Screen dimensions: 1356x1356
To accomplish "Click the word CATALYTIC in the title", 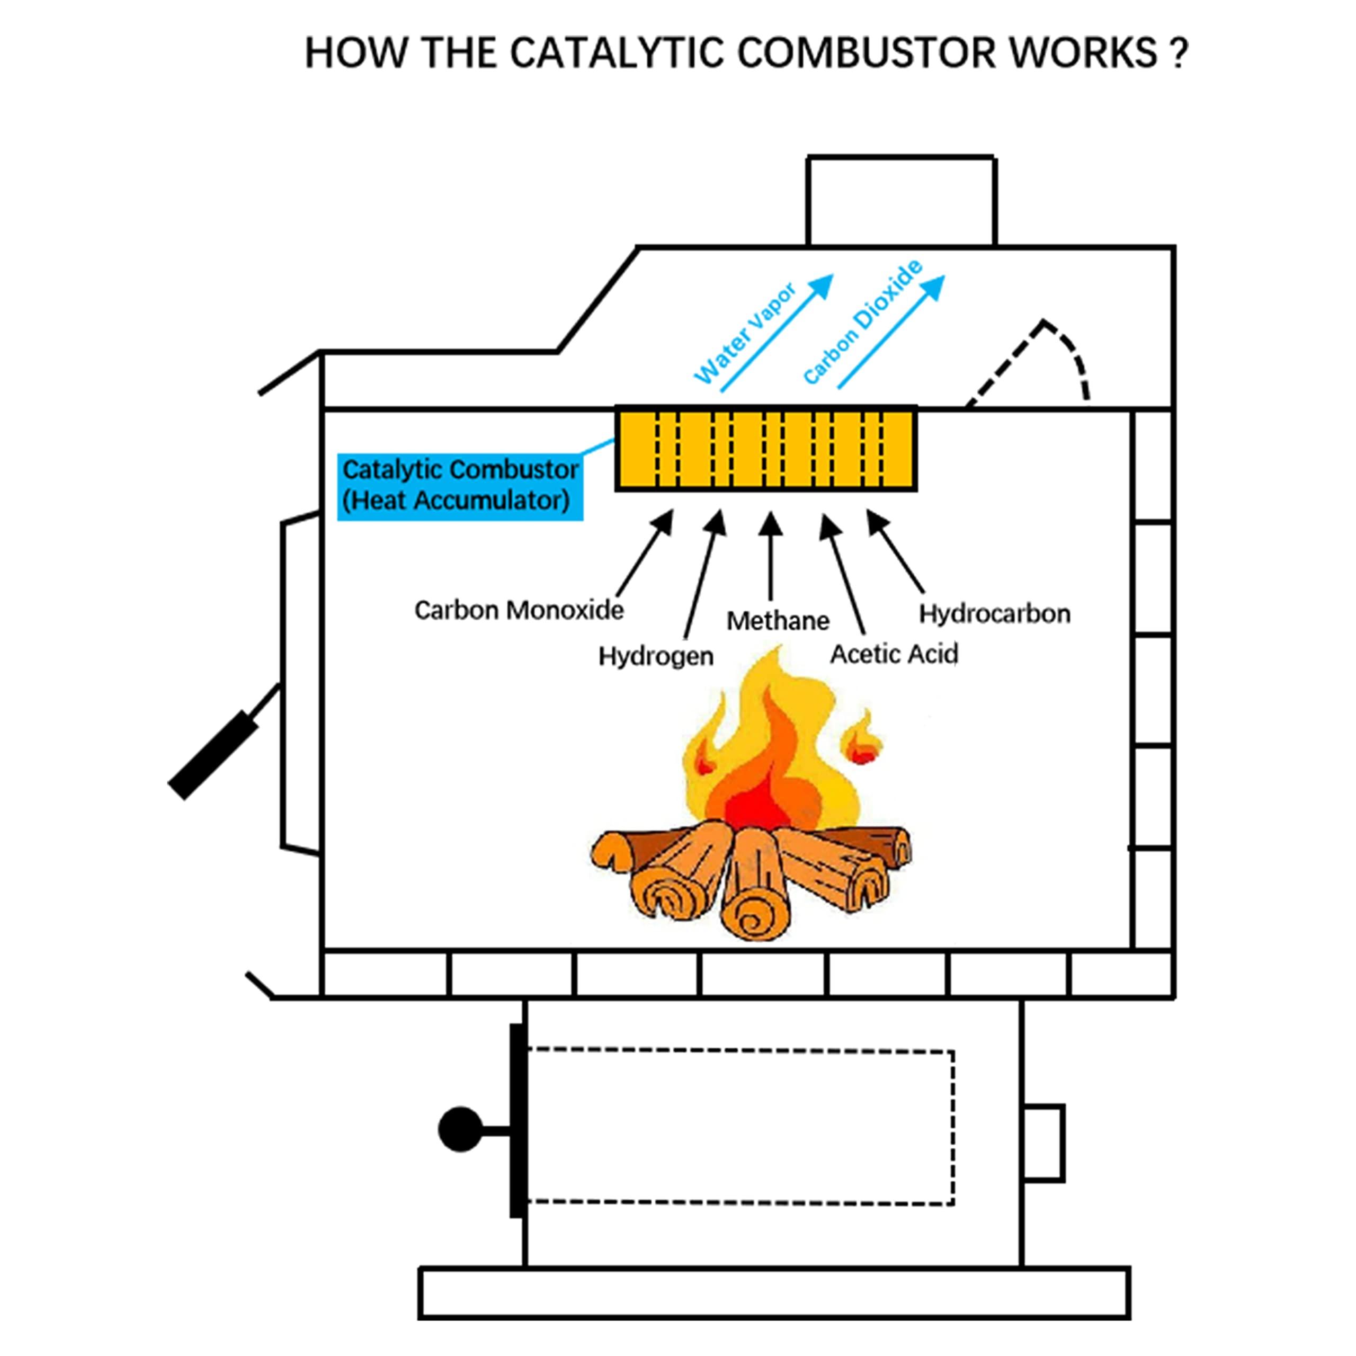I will point(615,53).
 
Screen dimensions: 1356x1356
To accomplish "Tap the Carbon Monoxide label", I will point(519,610).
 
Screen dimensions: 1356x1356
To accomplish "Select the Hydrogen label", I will point(656,656).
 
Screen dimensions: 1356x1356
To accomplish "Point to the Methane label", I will point(777,620).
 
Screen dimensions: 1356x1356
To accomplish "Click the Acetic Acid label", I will point(894,654).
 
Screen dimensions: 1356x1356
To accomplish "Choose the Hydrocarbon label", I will point(995,613).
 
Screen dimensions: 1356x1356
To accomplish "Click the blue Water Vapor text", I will point(745,335).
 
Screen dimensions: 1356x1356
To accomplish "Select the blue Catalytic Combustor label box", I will point(460,485).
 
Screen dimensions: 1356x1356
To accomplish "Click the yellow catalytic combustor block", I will point(766,449).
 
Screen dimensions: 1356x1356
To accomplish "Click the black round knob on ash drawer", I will point(460,1129).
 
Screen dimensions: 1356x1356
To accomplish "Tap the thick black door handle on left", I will point(212,755).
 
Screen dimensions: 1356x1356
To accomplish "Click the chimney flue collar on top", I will point(901,201).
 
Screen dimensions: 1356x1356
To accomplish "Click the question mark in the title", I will point(1179,53).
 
